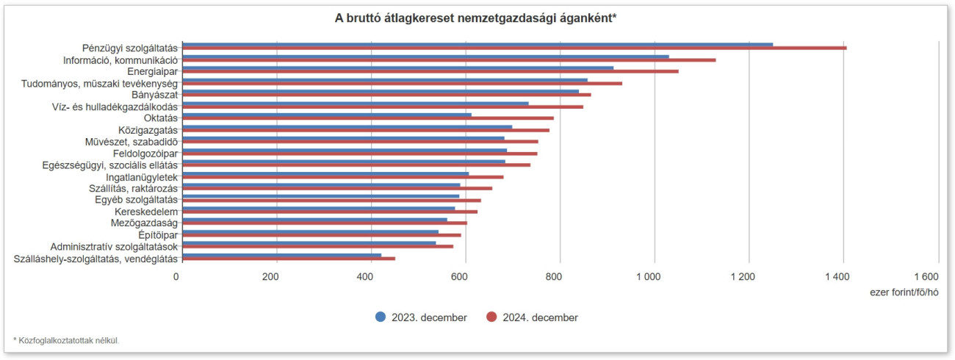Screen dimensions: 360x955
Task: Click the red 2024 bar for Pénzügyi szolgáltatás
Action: click(x=514, y=48)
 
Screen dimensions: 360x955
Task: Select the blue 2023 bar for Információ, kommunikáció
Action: click(x=426, y=56)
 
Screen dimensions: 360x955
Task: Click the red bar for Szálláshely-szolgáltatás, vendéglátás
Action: click(x=289, y=259)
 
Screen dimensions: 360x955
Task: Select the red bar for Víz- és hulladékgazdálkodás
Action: click(x=383, y=107)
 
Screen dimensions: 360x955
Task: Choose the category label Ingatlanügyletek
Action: click(x=142, y=176)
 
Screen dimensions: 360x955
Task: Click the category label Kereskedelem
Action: click(x=146, y=212)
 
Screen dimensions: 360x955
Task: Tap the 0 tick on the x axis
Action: click(x=176, y=277)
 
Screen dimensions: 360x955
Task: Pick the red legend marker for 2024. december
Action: click(x=491, y=317)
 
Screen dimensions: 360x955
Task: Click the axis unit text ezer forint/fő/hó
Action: click(x=904, y=292)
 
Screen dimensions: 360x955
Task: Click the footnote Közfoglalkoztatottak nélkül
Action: click(x=68, y=340)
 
